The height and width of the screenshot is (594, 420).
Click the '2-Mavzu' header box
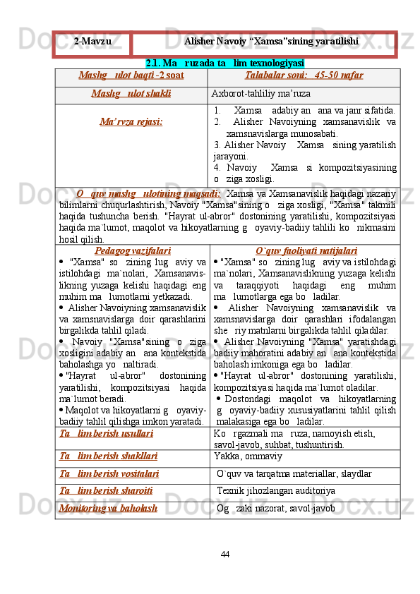point(93,42)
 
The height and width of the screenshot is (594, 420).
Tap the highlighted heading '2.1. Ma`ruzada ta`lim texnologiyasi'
point(224,63)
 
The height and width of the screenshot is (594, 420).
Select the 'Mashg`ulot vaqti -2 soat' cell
point(132,75)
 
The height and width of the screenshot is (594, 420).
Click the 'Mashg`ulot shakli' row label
point(132,93)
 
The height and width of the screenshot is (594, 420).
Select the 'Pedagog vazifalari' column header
point(132,250)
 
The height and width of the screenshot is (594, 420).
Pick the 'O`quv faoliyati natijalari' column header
point(306,250)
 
